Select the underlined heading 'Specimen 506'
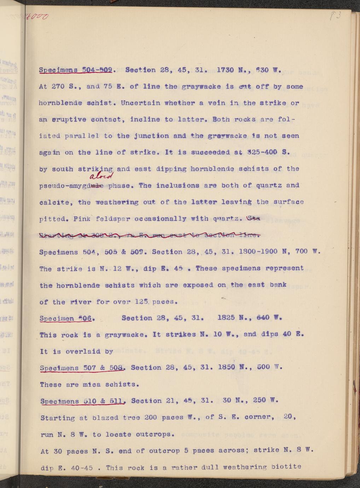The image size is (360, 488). pyautogui.click(x=66, y=318)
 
